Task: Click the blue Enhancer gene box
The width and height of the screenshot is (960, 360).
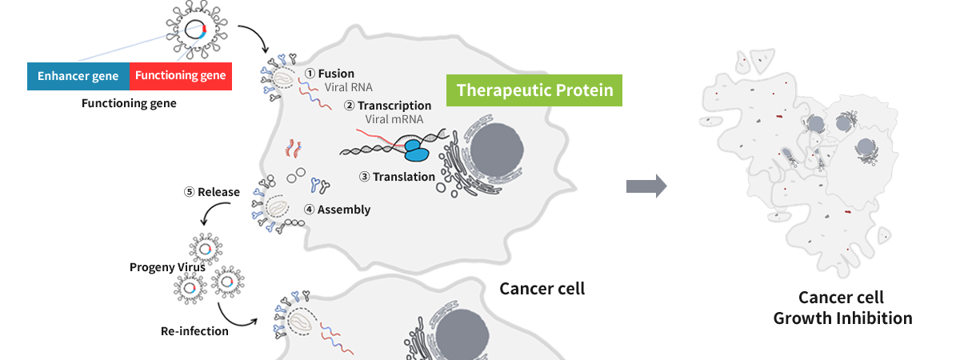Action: click(78, 76)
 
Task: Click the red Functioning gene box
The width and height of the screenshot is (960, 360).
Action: click(181, 76)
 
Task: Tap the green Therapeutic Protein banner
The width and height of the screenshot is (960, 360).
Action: click(534, 90)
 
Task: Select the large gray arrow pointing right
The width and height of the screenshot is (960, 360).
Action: click(646, 186)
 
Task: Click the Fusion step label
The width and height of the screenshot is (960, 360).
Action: click(330, 74)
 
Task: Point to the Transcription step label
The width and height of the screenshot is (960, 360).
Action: click(388, 106)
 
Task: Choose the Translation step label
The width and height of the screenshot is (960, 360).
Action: click(398, 177)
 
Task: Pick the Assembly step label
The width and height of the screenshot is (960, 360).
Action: click(338, 210)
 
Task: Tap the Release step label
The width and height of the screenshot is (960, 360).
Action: click(212, 192)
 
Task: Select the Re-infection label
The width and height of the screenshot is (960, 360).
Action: click(194, 331)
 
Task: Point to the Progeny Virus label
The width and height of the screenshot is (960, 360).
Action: click(167, 267)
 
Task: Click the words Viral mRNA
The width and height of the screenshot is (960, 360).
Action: click(394, 119)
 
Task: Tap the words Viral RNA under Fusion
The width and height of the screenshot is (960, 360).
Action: click(349, 87)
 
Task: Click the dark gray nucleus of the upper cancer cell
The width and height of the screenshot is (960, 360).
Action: click(496, 150)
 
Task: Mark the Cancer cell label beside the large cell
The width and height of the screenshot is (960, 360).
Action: click(542, 289)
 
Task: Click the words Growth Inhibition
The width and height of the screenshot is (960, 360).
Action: click(842, 318)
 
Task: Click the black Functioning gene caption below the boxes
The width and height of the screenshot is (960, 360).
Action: click(129, 103)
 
